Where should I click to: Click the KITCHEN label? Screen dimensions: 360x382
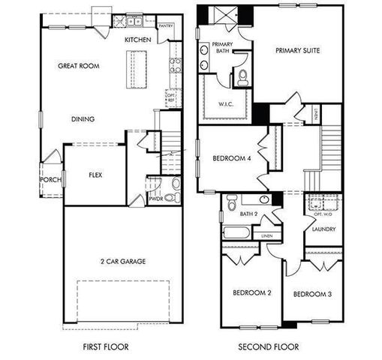pyautogui.click(x=138, y=39)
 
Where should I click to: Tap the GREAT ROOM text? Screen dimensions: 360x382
pyautogui.click(x=79, y=66)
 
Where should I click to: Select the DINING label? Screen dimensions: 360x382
pyautogui.click(x=83, y=119)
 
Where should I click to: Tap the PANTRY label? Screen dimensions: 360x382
pyautogui.click(x=166, y=25)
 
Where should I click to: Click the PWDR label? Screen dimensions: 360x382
pyautogui.click(x=155, y=199)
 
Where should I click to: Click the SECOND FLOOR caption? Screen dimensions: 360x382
pyautogui.click(x=269, y=346)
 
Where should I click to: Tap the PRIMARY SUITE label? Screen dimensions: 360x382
pyautogui.click(x=297, y=50)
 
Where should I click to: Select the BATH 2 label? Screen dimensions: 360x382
pyautogui.click(x=248, y=214)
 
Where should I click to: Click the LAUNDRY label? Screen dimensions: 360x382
pyautogui.click(x=324, y=229)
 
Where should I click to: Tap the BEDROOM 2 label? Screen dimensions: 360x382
pyautogui.click(x=251, y=292)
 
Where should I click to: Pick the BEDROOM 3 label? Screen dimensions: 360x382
pyautogui.click(x=312, y=293)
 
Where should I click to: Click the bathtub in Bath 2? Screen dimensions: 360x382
pyautogui.click(x=238, y=231)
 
